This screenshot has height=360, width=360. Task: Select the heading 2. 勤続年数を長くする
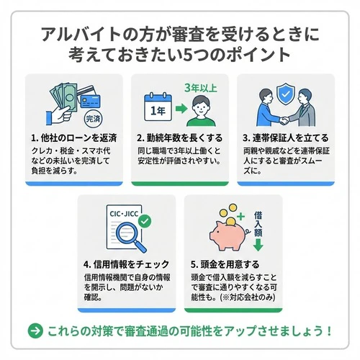(181, 138)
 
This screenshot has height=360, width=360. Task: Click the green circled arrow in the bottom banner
(34, 331)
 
